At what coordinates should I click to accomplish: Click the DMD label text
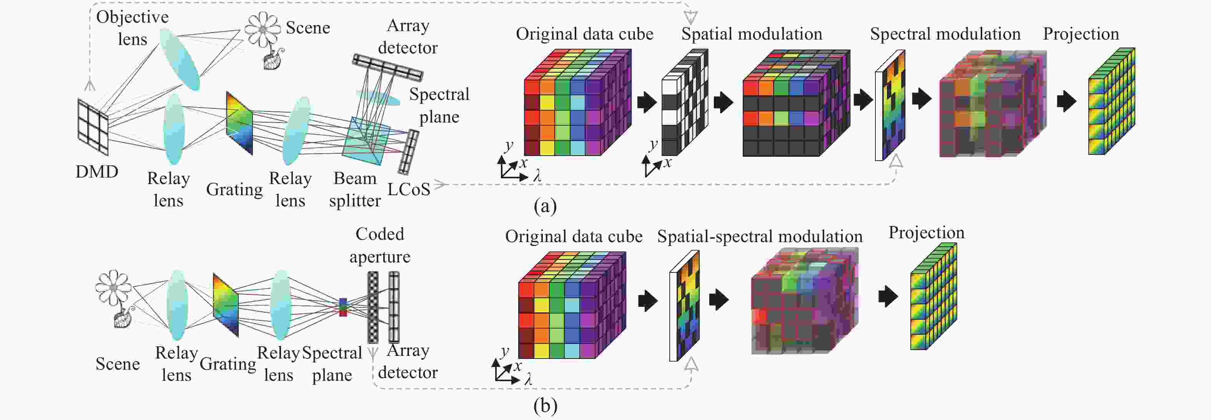click(x=97, y=172)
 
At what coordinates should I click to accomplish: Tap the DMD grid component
click(x=93, y=126)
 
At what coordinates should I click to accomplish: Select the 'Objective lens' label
click(x=133, y=28)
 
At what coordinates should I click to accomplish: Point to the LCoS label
click(x=409, y=189)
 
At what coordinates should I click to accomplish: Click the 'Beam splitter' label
click(x=355, y=189)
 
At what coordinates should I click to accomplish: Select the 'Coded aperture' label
click(x=380, y=245)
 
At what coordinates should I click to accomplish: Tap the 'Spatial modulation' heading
click(x=752, y=34)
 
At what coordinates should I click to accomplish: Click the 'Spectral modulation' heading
click(x=945, y=34)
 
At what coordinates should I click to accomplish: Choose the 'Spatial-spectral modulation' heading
click(x=760, y=236)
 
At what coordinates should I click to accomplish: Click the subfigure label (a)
click(x=545, y=206)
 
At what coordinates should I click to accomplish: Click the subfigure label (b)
click(x=545, y=406)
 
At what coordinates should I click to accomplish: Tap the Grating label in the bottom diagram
click(x=228, y=364)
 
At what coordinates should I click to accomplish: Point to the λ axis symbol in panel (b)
click(x=528, y=380)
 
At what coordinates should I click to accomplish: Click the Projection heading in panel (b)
click(x=926, y=233)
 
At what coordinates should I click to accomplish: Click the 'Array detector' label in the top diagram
click(x=408, y=37)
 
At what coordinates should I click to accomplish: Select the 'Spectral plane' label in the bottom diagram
click(x=332, y=364)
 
